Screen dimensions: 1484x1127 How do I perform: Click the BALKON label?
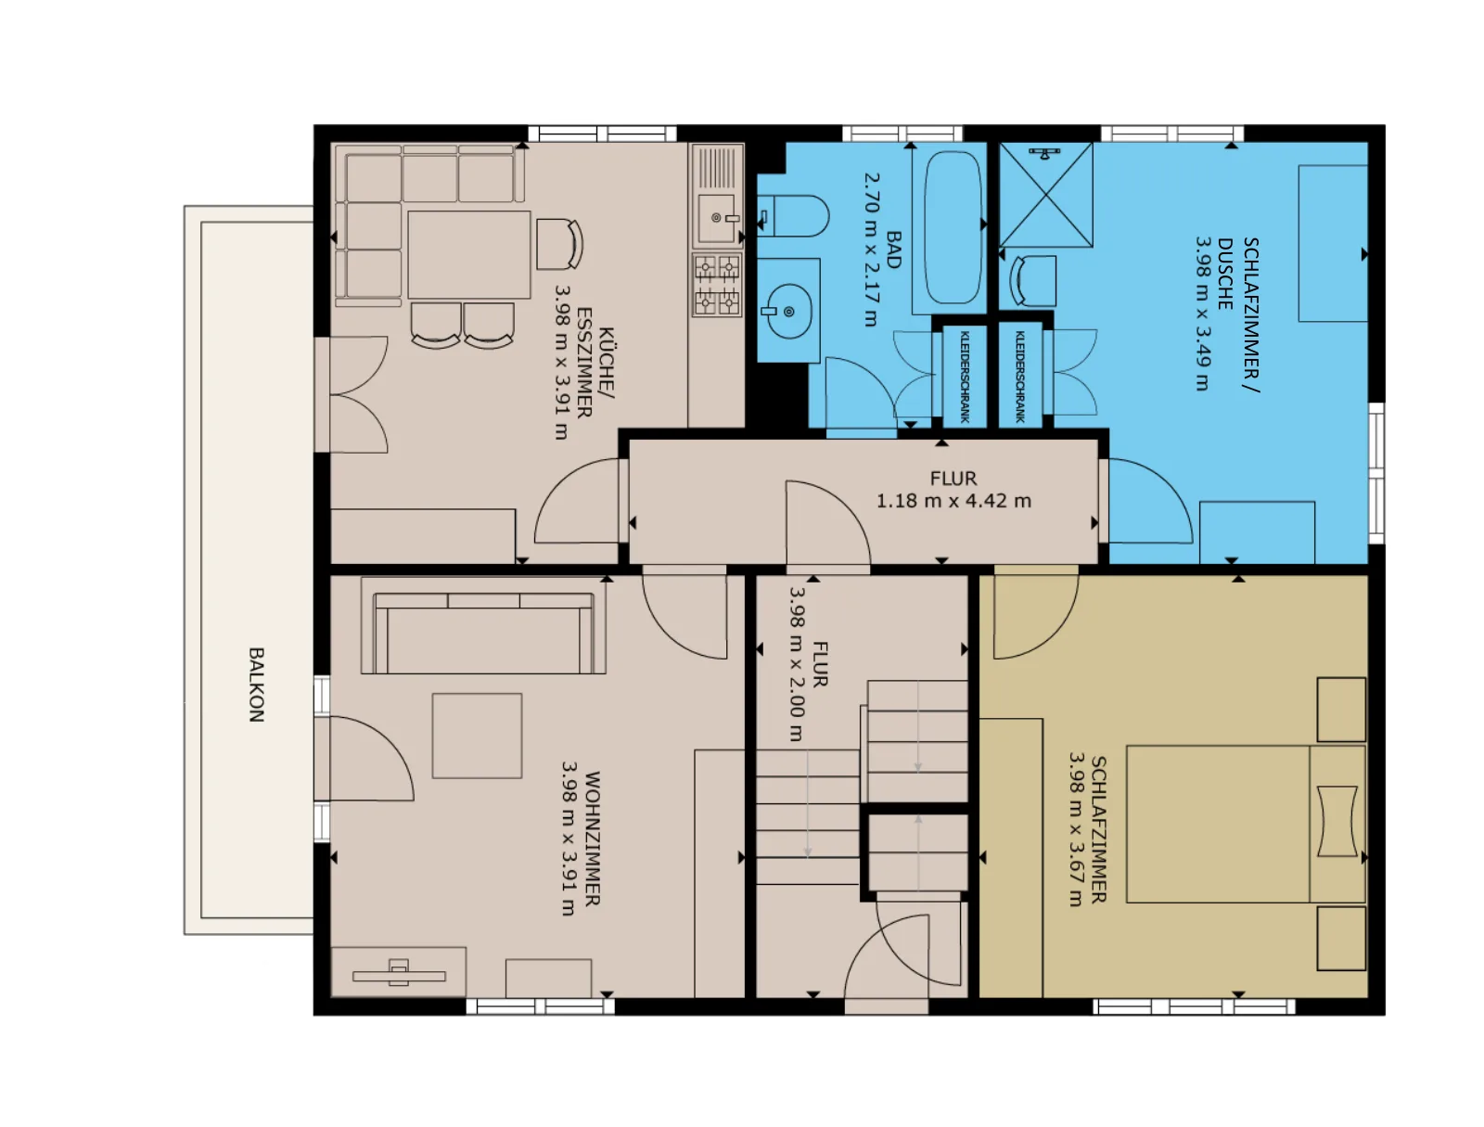256,685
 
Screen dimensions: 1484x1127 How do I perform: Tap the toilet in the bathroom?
791,216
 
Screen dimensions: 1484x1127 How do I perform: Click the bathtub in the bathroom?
953,228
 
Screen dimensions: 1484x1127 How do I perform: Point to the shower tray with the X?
1045,195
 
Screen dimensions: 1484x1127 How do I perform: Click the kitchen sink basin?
716,218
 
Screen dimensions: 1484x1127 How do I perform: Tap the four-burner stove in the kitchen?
717,285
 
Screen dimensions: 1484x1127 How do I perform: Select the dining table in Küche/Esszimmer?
468,254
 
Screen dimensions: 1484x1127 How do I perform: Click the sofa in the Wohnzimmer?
482,625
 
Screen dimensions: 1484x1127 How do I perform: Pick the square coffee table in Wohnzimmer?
477,736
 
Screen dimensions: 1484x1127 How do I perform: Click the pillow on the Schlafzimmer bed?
1337,821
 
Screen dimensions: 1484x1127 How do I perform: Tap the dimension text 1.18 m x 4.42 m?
953,501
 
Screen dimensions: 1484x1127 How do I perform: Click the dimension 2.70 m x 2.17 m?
872,250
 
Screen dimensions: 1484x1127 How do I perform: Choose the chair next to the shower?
1033,280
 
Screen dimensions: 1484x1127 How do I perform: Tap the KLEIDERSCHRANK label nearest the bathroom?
965,377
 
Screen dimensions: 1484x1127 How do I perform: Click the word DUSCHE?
1225,274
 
